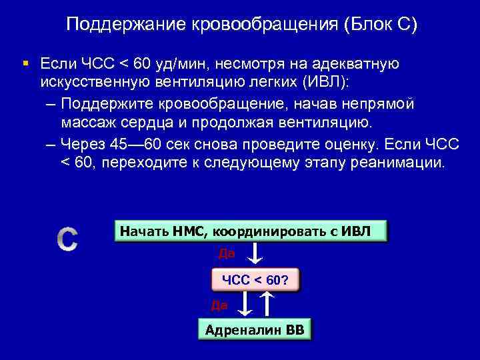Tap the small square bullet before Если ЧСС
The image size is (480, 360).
(x=25, y=63)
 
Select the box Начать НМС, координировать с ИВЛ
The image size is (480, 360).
(x=250, y=231)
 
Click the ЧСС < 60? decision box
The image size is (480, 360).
(x=255, y=280)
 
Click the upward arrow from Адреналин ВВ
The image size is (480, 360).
(x=267, y=305)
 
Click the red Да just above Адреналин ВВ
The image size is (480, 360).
(x=219, y=305)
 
